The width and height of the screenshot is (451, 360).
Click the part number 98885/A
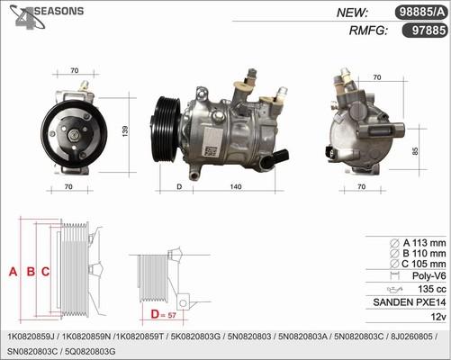click(420, 12)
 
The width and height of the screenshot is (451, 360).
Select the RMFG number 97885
click(423, 30)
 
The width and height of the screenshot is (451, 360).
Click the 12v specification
click(437, 317)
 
